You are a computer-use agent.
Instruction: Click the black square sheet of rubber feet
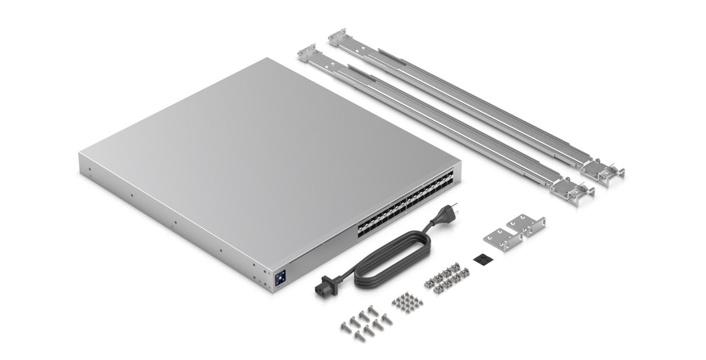(x=480, y=258)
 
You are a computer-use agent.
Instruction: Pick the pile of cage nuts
(x=443, y=278)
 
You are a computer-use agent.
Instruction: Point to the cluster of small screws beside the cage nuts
(x=407, y=303)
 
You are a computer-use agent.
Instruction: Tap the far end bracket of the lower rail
(x=307, y=53)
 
